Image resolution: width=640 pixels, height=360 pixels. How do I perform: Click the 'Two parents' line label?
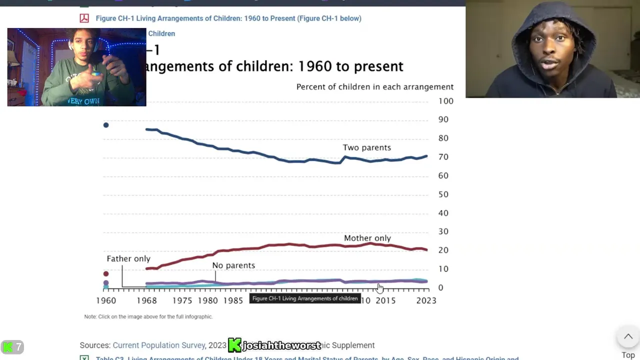click(366, 147)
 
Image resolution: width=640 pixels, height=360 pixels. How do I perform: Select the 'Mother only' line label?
click(367, 238)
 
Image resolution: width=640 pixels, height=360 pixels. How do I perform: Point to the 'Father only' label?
click(128, 258)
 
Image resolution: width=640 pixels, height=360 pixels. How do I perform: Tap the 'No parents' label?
click(233, 265)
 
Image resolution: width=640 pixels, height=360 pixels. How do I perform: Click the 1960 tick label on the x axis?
click(106, 300)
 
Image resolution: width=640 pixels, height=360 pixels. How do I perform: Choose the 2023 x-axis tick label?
click(426, 300)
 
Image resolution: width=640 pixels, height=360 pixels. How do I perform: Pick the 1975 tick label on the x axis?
click(182, 300)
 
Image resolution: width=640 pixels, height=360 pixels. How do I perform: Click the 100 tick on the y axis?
click(445, 101)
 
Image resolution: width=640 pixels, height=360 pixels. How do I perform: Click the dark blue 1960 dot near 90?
click(106, 125)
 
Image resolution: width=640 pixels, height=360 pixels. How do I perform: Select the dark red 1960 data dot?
click(106, 274)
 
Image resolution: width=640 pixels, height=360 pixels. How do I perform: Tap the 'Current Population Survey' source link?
click(159, 345)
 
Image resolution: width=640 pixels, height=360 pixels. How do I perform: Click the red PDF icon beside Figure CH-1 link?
click(84, 18)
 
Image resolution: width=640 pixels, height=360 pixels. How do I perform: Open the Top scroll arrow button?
click(628, 337)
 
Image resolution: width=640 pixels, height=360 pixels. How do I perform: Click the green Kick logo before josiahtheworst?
click(234, 345)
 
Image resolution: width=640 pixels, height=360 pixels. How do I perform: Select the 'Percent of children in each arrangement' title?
click(374, 87)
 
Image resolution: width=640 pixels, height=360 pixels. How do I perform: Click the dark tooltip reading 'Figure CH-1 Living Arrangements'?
click(304, 298)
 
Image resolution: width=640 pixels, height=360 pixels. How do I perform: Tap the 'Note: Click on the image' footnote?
click(148, 316)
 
